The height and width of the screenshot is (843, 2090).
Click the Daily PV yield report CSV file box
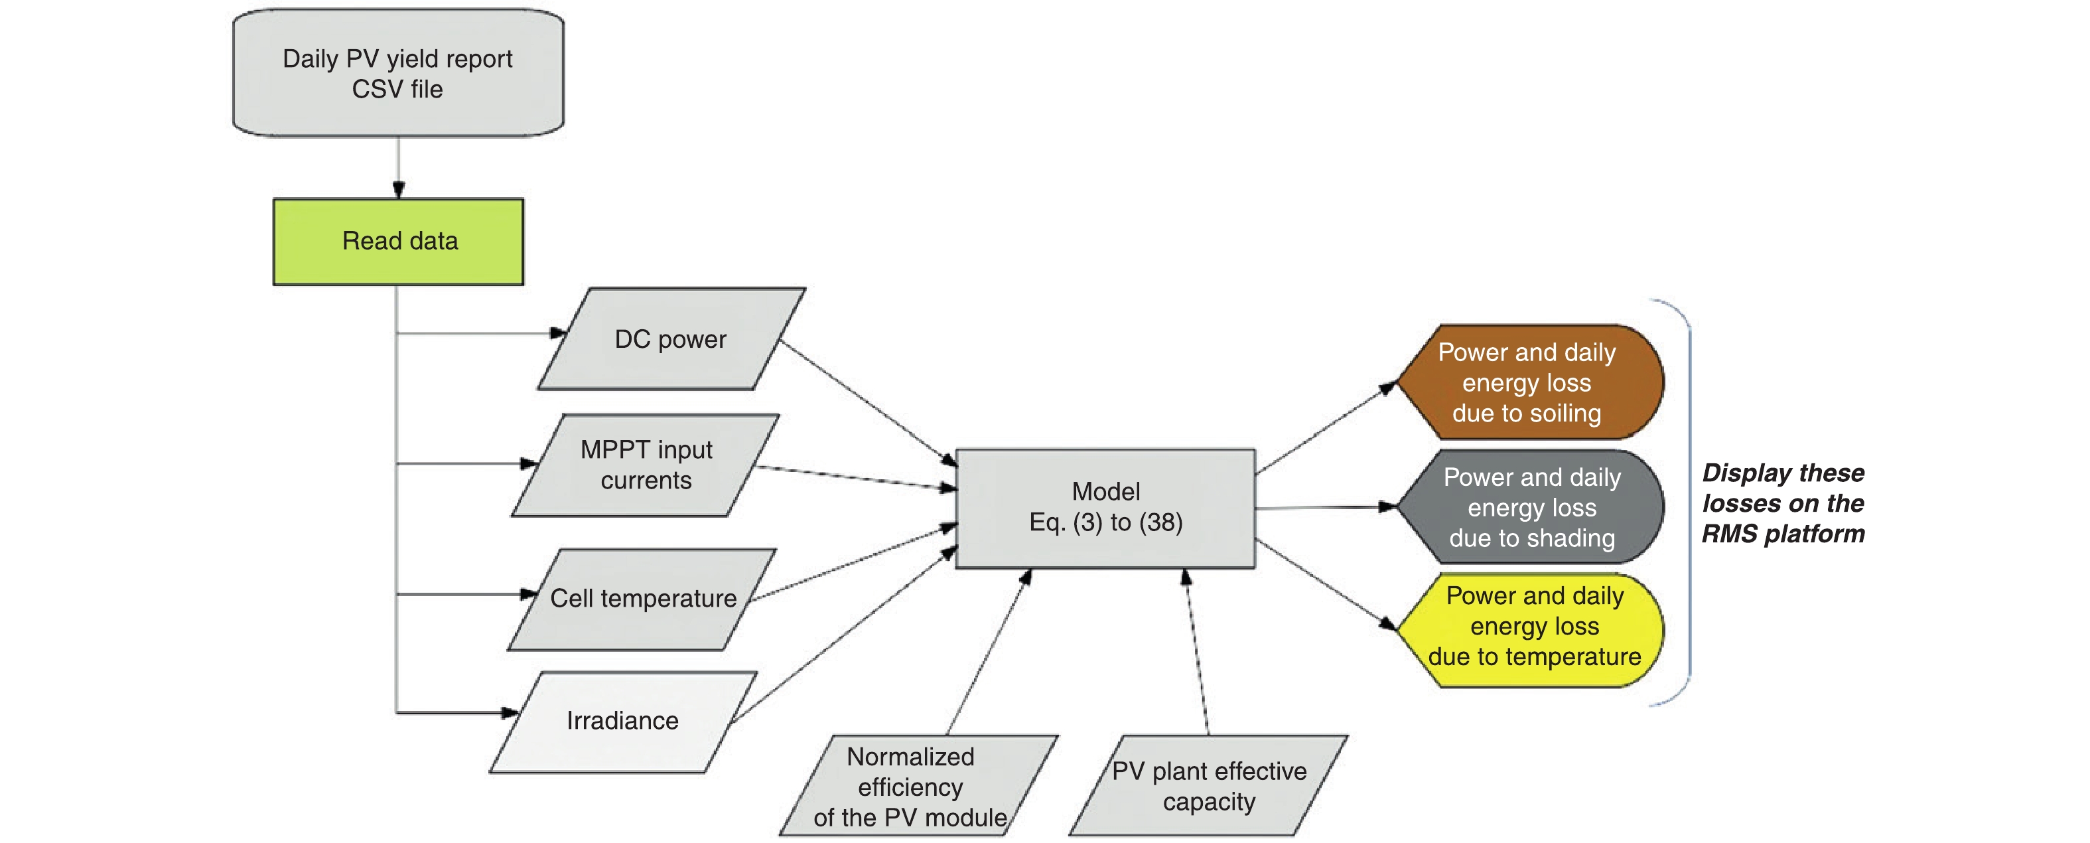tap(397, 73)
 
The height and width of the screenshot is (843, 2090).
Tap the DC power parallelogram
tap(671, 339)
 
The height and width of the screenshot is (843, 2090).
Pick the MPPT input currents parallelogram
tap(646, 465)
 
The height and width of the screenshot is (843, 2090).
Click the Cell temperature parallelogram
tap(642, 599)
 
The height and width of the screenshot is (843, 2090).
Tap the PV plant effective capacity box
tap(1208, 785)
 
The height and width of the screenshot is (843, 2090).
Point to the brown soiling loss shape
tap(1529, 382)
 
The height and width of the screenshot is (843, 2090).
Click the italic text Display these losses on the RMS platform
tap(1783, 503)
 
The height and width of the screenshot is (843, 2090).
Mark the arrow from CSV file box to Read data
tap(398, 167)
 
